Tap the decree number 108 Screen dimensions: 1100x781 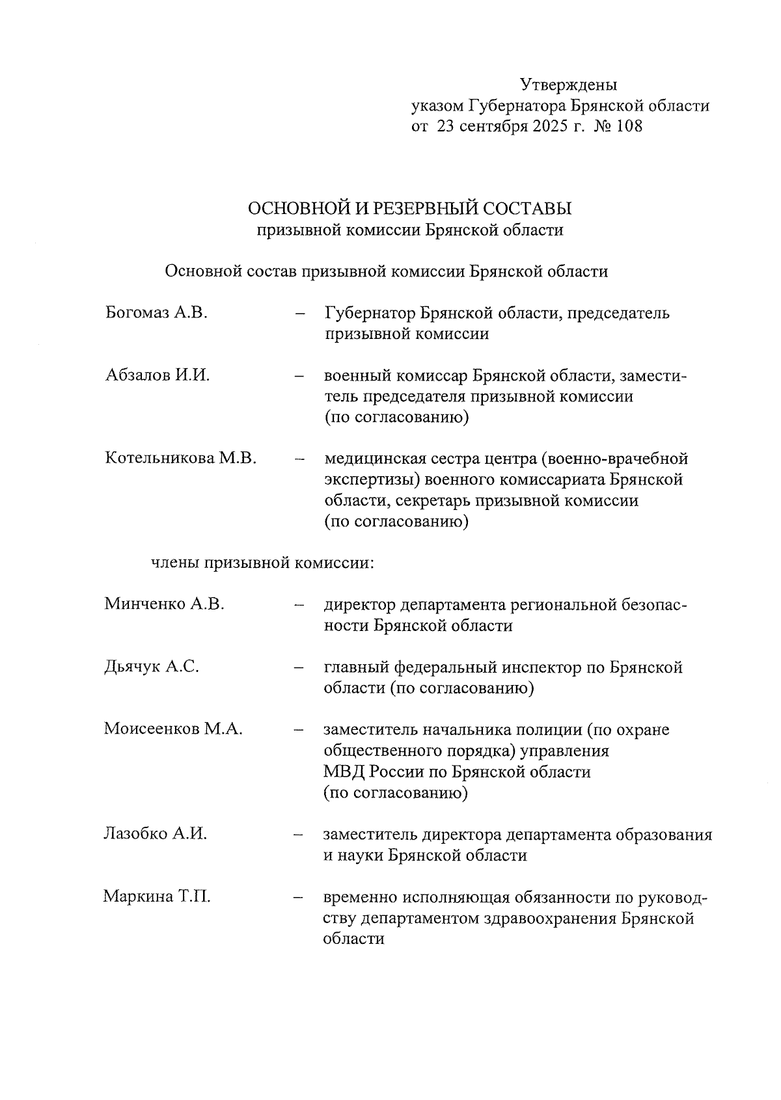(629, 126)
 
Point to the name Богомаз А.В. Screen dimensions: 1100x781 (156, 313)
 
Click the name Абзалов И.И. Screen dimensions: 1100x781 (157, 375)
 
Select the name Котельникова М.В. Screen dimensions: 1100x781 (180, 459)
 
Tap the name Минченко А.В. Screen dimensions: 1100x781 (164, 604)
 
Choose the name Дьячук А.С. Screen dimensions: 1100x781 (152, 667)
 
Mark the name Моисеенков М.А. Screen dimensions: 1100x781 (173, 729)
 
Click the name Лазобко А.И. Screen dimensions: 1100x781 (156, 834)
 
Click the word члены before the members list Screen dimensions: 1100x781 (175, 563)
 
